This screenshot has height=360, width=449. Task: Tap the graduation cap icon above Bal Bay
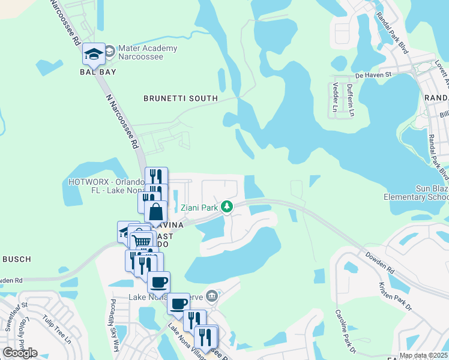94,55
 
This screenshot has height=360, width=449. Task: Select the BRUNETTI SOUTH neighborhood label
180,98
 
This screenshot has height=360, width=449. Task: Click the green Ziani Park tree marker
226,208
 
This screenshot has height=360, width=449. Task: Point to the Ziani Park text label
200,208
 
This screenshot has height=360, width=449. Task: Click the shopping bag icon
155,212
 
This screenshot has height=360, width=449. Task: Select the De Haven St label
373,76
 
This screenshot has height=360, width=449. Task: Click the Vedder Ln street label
336,96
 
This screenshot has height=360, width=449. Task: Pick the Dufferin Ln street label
350,96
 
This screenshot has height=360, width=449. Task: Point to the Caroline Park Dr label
346,331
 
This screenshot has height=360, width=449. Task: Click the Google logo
20,352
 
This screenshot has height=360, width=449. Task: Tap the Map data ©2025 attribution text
423,355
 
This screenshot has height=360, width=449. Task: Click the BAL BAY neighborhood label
97,72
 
